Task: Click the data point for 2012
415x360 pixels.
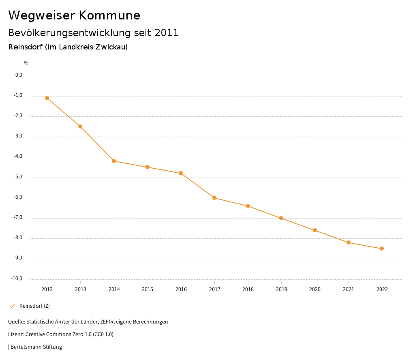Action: tap(47, 98)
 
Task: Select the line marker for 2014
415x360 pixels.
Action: tap(114, 161)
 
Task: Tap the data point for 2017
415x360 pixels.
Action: tap(214, 198)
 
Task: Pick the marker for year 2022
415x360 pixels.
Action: tap(382, 249)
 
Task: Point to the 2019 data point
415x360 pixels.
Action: tap(281, 218)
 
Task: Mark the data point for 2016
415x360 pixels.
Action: tap(181, 173)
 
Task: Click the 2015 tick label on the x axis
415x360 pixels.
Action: tap(148, 289)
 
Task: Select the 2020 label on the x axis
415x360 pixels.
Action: tap(315, 289)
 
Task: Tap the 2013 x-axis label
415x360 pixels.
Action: tap(81, 289)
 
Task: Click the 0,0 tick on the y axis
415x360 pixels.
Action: tap(19, 75)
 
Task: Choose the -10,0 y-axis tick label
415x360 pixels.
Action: tap(17, 279)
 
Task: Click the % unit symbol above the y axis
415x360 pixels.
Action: tap(26, 62)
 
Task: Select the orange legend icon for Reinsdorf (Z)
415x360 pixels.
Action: tap(12, 306)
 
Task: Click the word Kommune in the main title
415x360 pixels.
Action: tap(109, 15)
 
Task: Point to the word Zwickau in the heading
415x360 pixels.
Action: tap(109, 47)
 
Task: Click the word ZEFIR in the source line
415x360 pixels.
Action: tap(107, 322)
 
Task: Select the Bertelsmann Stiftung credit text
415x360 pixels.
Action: tap(36, 347)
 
